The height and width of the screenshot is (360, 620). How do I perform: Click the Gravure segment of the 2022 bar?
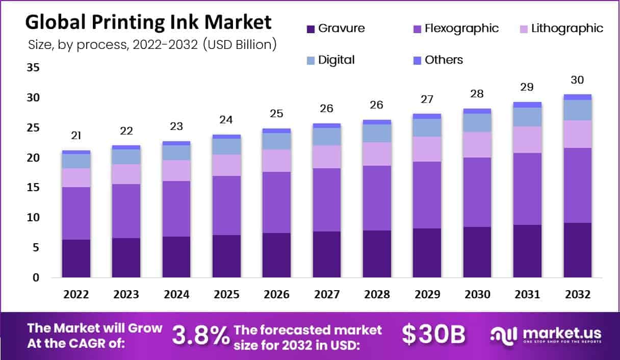click(76, 259)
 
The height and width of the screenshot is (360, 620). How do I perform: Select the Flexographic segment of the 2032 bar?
click(578, 185)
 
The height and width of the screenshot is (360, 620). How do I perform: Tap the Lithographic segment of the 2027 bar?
click(326, 157)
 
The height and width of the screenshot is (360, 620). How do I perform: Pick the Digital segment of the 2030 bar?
click(477, 122)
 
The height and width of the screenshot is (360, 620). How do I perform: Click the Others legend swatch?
click(417, 60)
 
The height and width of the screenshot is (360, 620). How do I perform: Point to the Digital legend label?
click(336, 60)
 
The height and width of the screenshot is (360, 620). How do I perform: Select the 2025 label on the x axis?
click(226, 295)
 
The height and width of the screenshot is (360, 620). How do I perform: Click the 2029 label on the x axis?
click(427, 295)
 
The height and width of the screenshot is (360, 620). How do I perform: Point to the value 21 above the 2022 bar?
click(76, 136)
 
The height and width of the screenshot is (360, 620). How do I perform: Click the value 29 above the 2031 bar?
click(527, 87)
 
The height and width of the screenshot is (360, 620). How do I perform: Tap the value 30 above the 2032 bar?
click(577, 80)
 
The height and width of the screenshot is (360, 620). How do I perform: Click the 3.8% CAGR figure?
click(200, 335)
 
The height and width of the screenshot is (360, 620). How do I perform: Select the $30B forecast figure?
click(433, 335)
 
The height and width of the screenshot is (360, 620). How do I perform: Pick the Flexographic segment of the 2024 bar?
click(176, 209)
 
